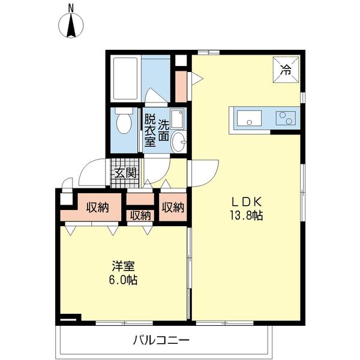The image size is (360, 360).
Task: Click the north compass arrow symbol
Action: tap(71, 25)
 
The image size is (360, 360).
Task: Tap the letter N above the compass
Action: tap(71, 8)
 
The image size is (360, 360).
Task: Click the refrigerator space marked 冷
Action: tap(286, 70)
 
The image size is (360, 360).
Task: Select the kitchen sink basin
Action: tap(249, 118)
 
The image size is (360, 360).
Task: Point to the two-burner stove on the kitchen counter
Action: tap(286, 118)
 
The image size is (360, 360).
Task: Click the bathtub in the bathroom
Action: tap(125, 78)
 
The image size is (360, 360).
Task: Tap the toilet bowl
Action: tap(124, 121)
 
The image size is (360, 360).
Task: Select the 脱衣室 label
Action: tap(150, 131)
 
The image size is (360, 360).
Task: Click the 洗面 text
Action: tap(164, 130)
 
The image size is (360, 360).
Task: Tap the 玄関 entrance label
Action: tap(125, 173)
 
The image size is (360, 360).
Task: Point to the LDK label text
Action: tap(246, 202)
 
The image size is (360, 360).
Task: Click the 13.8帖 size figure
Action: tap(247, 215)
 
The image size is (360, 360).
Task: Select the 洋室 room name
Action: tap(123, 266)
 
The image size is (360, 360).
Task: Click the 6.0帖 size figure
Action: tap(123, 280)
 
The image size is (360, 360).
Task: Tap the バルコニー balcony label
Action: tap(161, 340)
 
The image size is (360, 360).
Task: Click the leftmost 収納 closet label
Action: tap(97, 208)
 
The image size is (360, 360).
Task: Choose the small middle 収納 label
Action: tap(140, 216)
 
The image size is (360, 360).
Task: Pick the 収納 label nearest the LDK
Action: tap(173, 208)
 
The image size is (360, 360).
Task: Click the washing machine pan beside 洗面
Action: tap(177, 119)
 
